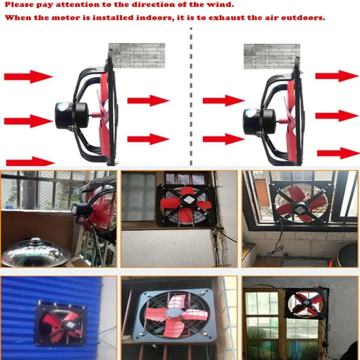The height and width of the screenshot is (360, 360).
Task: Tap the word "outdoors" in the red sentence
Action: pyautogui.click(x=303, y=17)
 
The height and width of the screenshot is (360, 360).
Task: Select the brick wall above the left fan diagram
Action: pyautogui.click(x=136, y=55)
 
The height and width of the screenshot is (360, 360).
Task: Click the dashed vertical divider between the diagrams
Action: pyautogui.click(x=191, y=96)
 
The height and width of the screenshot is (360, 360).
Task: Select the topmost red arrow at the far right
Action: pyautogui.click(x=337, y=76)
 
